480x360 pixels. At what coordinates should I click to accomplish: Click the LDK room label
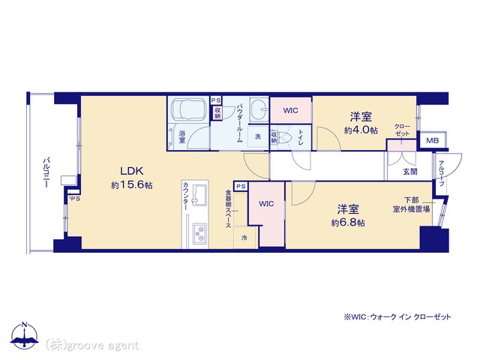pyautogui.click(x=132, y=171)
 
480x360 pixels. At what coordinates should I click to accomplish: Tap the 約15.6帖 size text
pyautogui.click(x=132, y=185)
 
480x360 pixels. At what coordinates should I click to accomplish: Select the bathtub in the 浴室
pyautogui.click(x=188, y=109)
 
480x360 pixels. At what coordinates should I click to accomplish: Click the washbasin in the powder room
pyautogui.click(x=259, y=109)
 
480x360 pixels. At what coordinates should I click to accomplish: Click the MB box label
pyautogui.click(x=433, y=140)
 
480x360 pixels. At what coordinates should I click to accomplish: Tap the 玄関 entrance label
pyautogui.click(x=410, y=171)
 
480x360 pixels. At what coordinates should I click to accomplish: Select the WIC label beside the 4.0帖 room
pyautogui.click(x=290, y=110)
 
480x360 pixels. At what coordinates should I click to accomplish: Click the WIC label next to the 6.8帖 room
pyautogui.click(x=266, y=203)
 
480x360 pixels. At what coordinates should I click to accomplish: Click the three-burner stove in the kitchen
pyautogui.click(x=199, y=233)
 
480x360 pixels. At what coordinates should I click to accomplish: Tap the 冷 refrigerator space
pyautogui.click(x=244, y=237)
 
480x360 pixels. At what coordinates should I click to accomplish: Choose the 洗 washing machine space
pyautogui.click(x=258, y=136)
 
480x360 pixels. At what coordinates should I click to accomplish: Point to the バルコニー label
pyautogui.click(x=46, y=172)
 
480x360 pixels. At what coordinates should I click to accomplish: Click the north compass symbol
pyautogui.click(x=25, y=335)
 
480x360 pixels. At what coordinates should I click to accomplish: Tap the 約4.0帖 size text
pyautogui.click(x=361, y=130)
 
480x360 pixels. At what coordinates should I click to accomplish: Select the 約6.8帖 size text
pyautogui.click(x=348, y=223)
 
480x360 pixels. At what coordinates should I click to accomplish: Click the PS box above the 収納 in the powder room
pyautogui.click(x=216, y=100)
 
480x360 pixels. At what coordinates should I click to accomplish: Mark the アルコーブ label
pyautogui.click(x=441, y=173)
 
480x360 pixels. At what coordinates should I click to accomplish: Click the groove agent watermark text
pyautogui.click(x=92, y=346)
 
